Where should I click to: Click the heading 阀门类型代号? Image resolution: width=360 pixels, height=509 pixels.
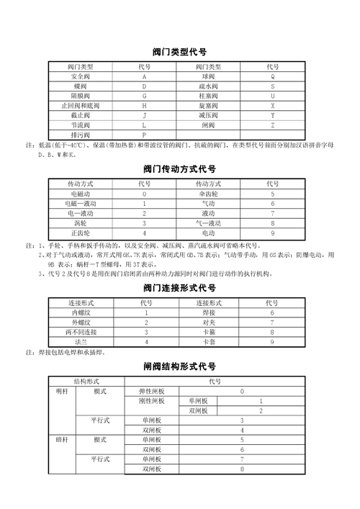coord(180,52)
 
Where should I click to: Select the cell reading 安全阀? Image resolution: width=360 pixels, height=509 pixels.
coord(80,76)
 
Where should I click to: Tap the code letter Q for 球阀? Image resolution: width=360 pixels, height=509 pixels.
coord(273,76)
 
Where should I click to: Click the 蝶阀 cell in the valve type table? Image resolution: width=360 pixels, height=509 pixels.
coord(80,86)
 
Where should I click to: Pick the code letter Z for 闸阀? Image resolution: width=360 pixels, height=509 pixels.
coord(273,125)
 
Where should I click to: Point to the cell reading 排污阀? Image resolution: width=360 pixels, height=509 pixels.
coord(80,135)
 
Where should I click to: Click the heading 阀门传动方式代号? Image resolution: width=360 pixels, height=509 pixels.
coord(180,170)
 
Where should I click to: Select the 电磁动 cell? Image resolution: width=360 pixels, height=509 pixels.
coord(80,194)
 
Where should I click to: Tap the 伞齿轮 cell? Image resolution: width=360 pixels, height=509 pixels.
coord(208,194)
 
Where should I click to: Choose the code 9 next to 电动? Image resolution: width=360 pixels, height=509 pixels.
coord(273,233)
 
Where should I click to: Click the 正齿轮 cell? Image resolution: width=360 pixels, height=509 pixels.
coord(80,233)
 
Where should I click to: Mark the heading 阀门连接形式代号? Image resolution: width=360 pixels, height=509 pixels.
coord(180,288)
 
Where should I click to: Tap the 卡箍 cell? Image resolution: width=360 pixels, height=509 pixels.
coord(208,332)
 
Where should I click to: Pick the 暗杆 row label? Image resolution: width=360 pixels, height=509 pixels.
coord(63,439)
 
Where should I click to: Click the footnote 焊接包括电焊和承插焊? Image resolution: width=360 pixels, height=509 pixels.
coord(72,353)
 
